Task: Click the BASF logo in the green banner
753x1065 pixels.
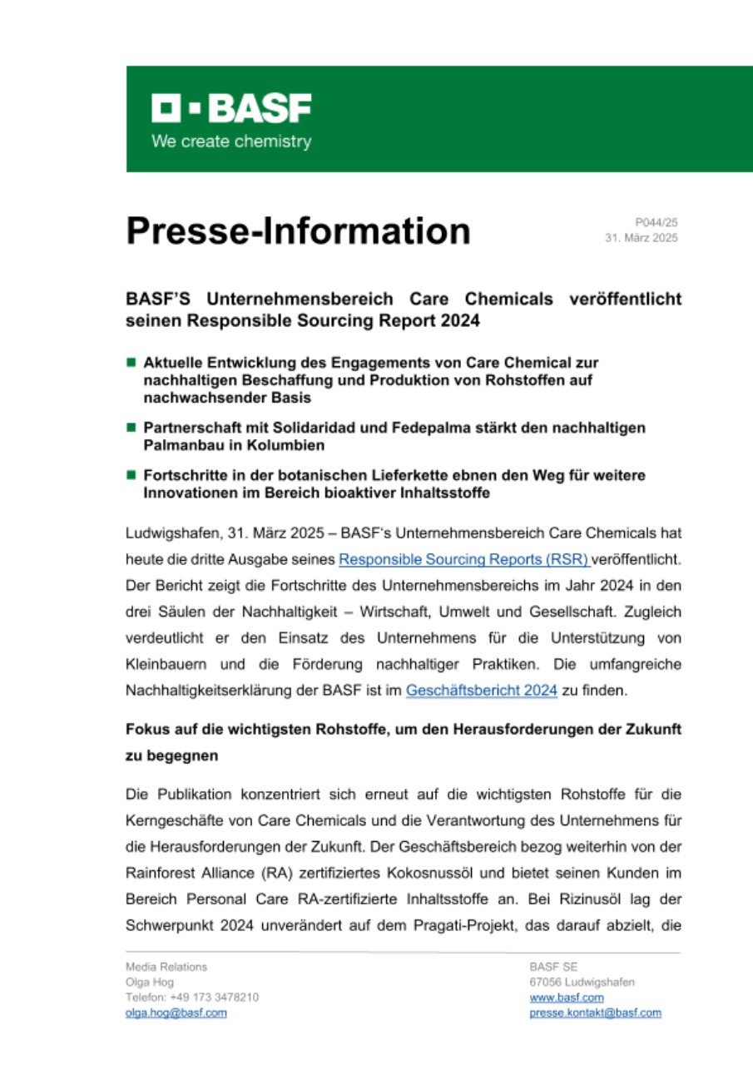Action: point(231,108)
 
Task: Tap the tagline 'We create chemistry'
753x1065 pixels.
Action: point(231,141)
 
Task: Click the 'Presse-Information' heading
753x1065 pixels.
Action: point(298,230)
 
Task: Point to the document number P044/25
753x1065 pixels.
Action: point(656,222)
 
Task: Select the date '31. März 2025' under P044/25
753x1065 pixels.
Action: point(642,238)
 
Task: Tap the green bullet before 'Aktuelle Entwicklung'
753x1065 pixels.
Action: point(131,363)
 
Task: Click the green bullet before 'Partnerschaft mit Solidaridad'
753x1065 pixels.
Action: point(131,427)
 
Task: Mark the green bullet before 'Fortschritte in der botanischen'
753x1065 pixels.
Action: point(131,474)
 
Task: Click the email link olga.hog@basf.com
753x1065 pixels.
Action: point(176,1013)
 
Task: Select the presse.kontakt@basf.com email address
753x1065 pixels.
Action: point(595,1013)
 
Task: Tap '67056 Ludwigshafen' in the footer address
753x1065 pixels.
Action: point(582,982)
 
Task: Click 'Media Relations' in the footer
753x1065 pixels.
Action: point(166,967)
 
